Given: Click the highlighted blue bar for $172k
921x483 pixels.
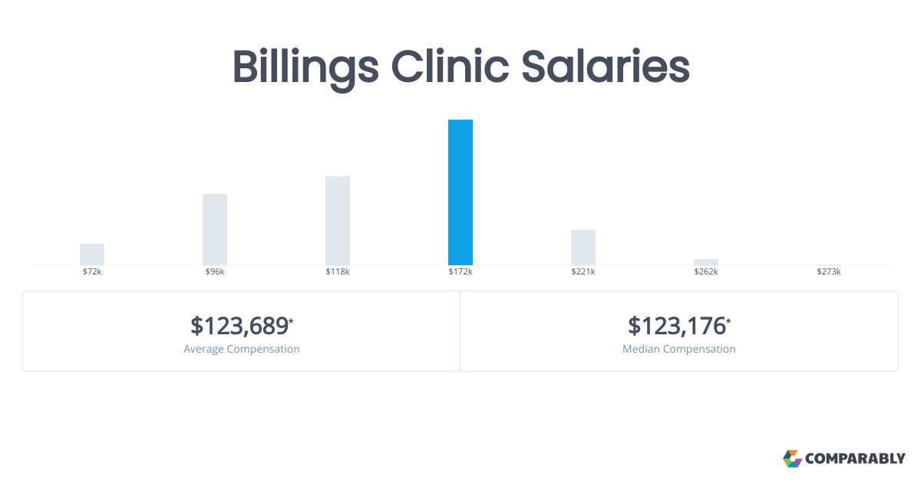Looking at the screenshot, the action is [460, 192].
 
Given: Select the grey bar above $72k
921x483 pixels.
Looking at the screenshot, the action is [91, 255].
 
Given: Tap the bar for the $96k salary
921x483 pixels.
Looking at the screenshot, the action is [215, 229].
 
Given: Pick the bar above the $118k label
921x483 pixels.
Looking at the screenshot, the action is [338, 221].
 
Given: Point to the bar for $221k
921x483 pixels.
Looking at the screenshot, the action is [583, 248].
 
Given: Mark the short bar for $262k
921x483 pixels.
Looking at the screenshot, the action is [706, 262].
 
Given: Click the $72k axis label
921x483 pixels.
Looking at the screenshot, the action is [91, 271].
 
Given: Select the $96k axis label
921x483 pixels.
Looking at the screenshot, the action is [215, 271].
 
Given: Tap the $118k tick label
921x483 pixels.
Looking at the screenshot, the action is [338, 271].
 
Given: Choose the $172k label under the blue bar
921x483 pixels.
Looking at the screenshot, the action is [460, 271].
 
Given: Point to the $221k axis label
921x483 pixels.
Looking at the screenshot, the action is [583, 271].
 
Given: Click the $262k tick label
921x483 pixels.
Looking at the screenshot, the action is [706, 271].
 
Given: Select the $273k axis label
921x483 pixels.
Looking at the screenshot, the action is [828, 271].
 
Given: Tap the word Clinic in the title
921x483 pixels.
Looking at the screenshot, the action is [450, 67].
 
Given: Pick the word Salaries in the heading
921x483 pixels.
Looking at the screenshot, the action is [606, 67].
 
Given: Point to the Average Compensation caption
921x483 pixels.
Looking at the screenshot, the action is [241, 349].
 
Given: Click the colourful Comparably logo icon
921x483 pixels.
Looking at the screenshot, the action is [792, 458].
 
